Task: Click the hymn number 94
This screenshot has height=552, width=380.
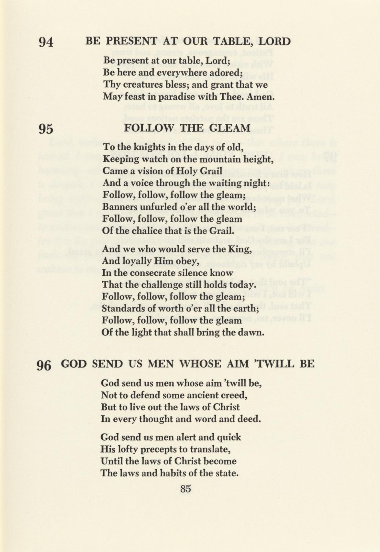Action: [46, 42]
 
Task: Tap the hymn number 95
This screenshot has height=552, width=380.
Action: [46, 129]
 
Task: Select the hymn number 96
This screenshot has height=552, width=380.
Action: [44, 365]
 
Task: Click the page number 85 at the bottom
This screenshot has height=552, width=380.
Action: [185, 489]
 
